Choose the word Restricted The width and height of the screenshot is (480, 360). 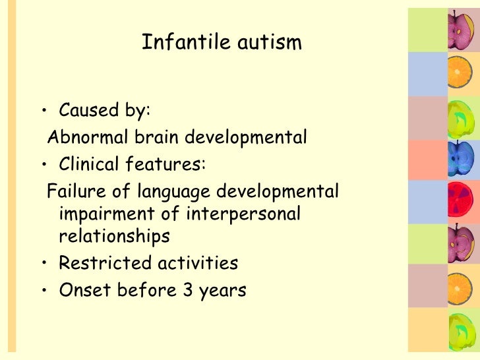click(x=104, y=263)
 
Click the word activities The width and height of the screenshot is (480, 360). click(x=196, y=263)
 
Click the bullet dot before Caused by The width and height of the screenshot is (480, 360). click(x=44, y=110)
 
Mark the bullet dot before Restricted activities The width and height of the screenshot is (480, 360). click(x=44, y=264)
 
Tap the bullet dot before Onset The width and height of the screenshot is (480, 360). click(x=44, y=290)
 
